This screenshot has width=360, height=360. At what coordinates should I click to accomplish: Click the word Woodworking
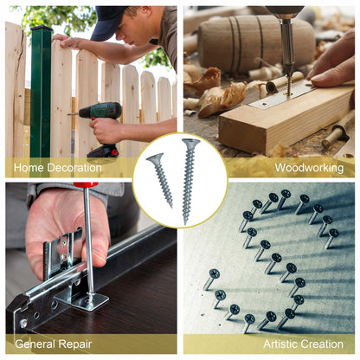click(x=309, y=168)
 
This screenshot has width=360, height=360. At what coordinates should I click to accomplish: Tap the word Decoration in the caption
click(x=74, y=168)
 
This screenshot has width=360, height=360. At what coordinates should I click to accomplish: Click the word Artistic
click(x=280, y=344)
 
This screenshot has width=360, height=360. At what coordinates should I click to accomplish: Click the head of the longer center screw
click(x=190, y=143)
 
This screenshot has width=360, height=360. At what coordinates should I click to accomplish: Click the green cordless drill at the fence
click(x=101, y=127)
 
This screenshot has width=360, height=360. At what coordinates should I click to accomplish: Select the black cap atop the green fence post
click(x=42, y=29)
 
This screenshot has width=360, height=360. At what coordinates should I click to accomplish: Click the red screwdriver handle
click(x=86, y=184)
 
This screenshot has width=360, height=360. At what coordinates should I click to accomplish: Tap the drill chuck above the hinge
click(x=286, y=37)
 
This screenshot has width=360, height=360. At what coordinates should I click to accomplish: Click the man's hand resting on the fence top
click(x=67, y=41)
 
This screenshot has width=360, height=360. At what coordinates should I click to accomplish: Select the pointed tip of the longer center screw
click(x=185, y=223)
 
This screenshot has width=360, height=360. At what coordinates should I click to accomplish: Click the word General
click(x=35, y=344)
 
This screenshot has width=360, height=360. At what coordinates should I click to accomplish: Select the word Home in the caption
click(x=29, y=168)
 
